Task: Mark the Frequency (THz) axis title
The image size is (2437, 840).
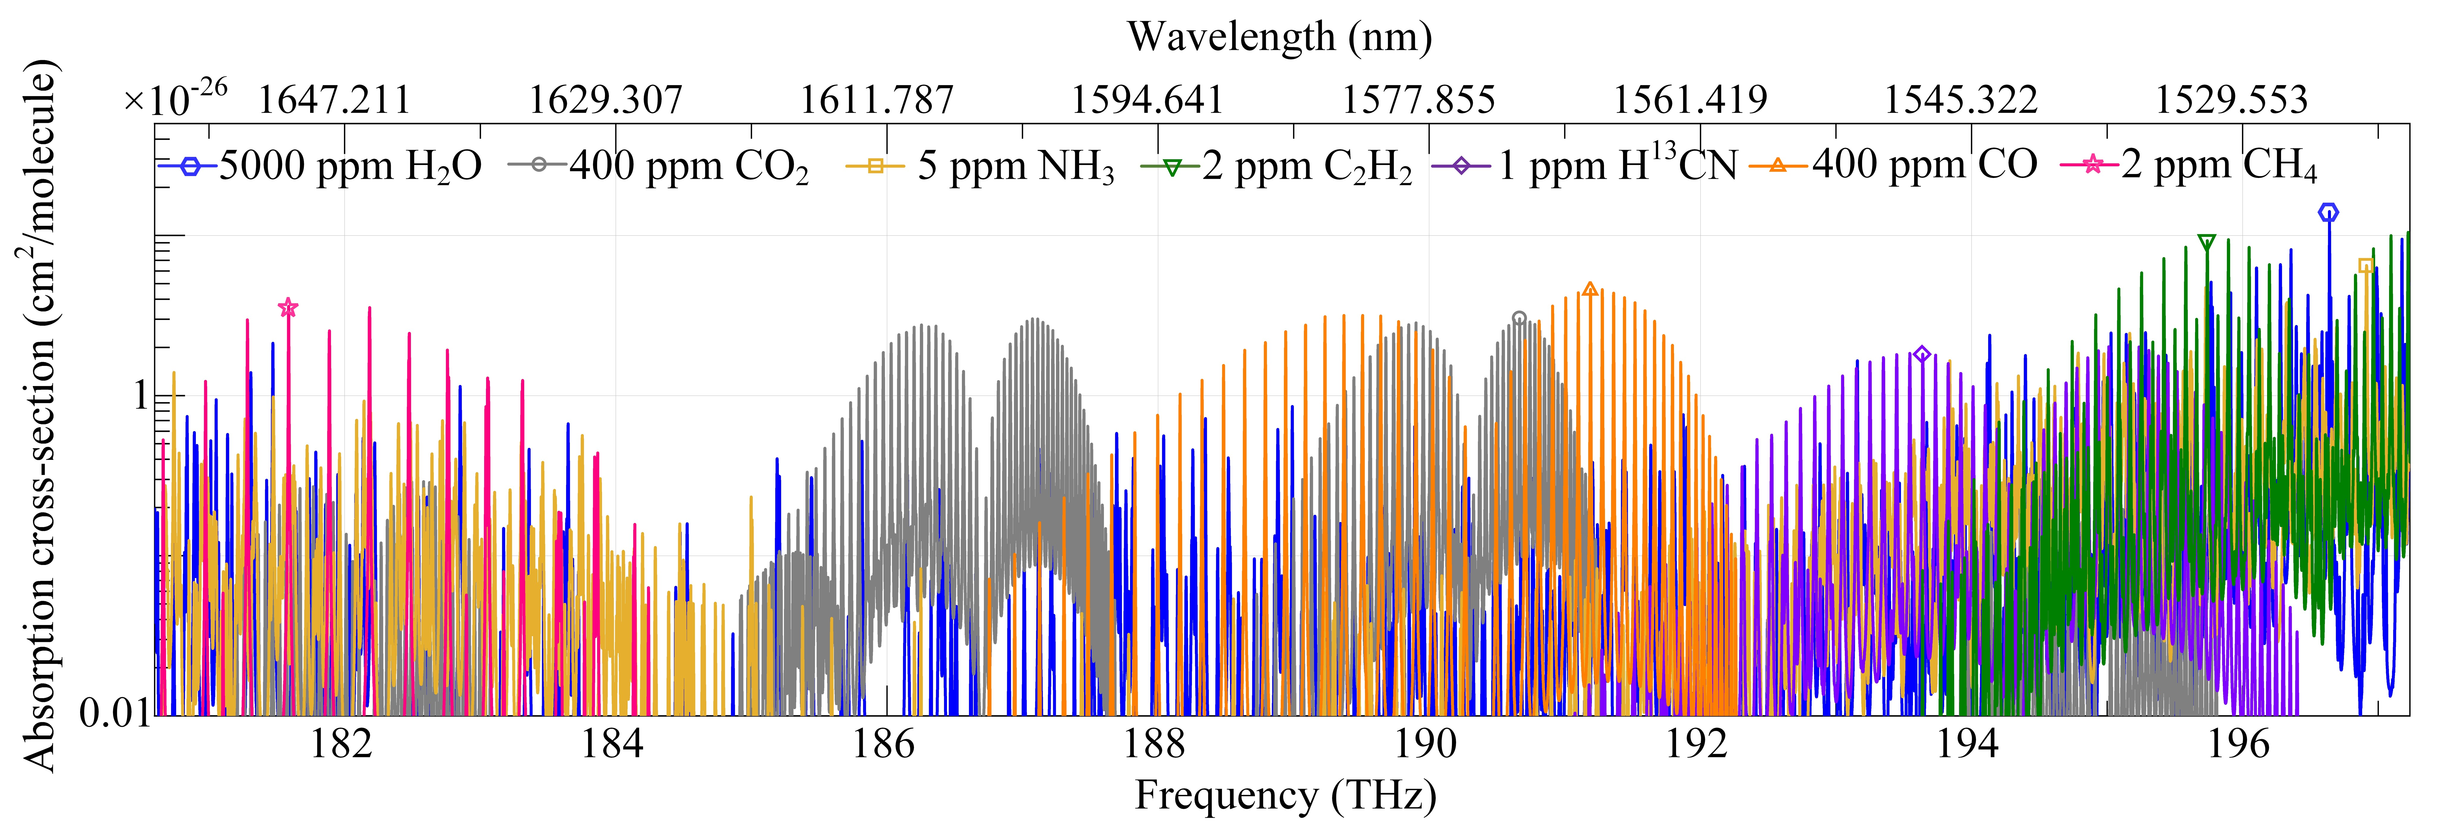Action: click(x=1285, y=796)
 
